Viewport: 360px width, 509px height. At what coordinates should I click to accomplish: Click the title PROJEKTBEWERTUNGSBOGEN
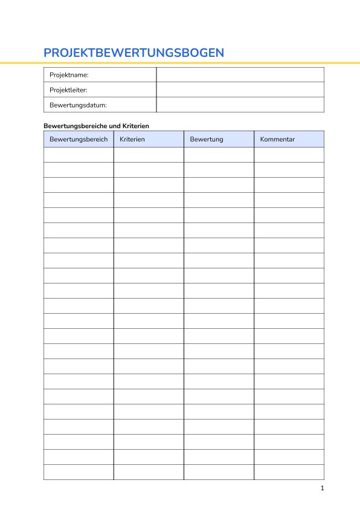coord(133,53)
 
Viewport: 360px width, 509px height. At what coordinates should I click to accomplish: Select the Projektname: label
coord(69,75)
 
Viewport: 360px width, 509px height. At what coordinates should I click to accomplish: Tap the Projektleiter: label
coord(68,90)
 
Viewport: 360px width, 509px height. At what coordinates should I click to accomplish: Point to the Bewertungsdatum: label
coord(78,105)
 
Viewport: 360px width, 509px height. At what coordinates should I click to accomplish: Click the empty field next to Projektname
coord(240,75)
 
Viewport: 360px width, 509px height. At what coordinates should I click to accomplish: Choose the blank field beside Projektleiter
coord(240,90)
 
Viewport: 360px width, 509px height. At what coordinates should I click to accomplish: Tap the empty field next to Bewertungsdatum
coord(240,105)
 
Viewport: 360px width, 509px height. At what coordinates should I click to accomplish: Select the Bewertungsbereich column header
coord(79,140)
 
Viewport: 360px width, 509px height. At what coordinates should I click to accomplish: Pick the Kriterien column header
coord(132,140)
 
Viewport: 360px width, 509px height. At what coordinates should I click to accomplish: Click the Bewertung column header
coord(207,140)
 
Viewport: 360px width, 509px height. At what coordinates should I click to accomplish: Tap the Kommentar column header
coord(277,140)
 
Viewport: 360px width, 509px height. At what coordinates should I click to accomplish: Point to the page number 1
coord(323,488)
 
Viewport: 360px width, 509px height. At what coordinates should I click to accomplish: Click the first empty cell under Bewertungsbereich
coord(79,155)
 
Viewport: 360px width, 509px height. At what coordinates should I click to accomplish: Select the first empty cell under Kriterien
coord(149,155)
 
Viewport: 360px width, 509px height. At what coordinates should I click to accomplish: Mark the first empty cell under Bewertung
coord(219,155)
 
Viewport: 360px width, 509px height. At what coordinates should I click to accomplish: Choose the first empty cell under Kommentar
coord(289,155)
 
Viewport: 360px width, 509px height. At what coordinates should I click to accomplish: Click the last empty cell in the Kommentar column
coord(289,472)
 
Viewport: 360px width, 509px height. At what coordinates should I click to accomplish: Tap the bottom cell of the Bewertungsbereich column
coord(79,472)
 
